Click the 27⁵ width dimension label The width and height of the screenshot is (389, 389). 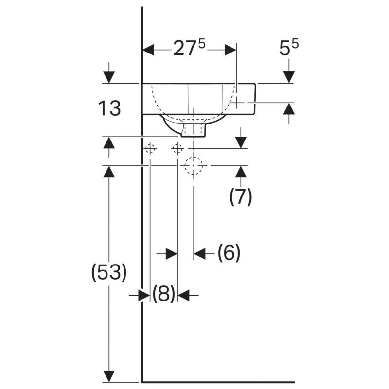(189, 48)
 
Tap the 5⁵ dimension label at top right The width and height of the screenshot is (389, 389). (289, 48)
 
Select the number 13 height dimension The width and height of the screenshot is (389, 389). (109, 108)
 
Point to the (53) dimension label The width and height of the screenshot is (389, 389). (109, 272)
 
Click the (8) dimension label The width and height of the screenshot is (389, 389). (163, 294)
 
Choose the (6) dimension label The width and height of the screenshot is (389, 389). (229, 252)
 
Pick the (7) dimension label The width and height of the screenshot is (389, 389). (240, 196)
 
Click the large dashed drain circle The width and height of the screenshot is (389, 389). (194, 165)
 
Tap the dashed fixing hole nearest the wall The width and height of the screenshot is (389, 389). (150, 149)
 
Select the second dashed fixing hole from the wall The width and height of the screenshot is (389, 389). (177, 149)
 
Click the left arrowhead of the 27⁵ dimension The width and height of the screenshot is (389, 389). (148, 50)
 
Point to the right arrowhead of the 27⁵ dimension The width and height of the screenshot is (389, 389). (230, 50)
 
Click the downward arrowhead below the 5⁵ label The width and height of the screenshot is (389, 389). (289, 77)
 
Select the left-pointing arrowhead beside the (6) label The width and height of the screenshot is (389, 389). (199, 253)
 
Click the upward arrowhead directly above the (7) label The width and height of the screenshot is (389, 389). (241, 172)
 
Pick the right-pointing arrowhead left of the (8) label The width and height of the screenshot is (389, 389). (144, 295)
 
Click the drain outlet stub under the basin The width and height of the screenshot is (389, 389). (194, 130)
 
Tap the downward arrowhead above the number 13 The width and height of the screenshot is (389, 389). (109, 77)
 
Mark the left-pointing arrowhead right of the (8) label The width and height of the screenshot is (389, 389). (184, 295)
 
